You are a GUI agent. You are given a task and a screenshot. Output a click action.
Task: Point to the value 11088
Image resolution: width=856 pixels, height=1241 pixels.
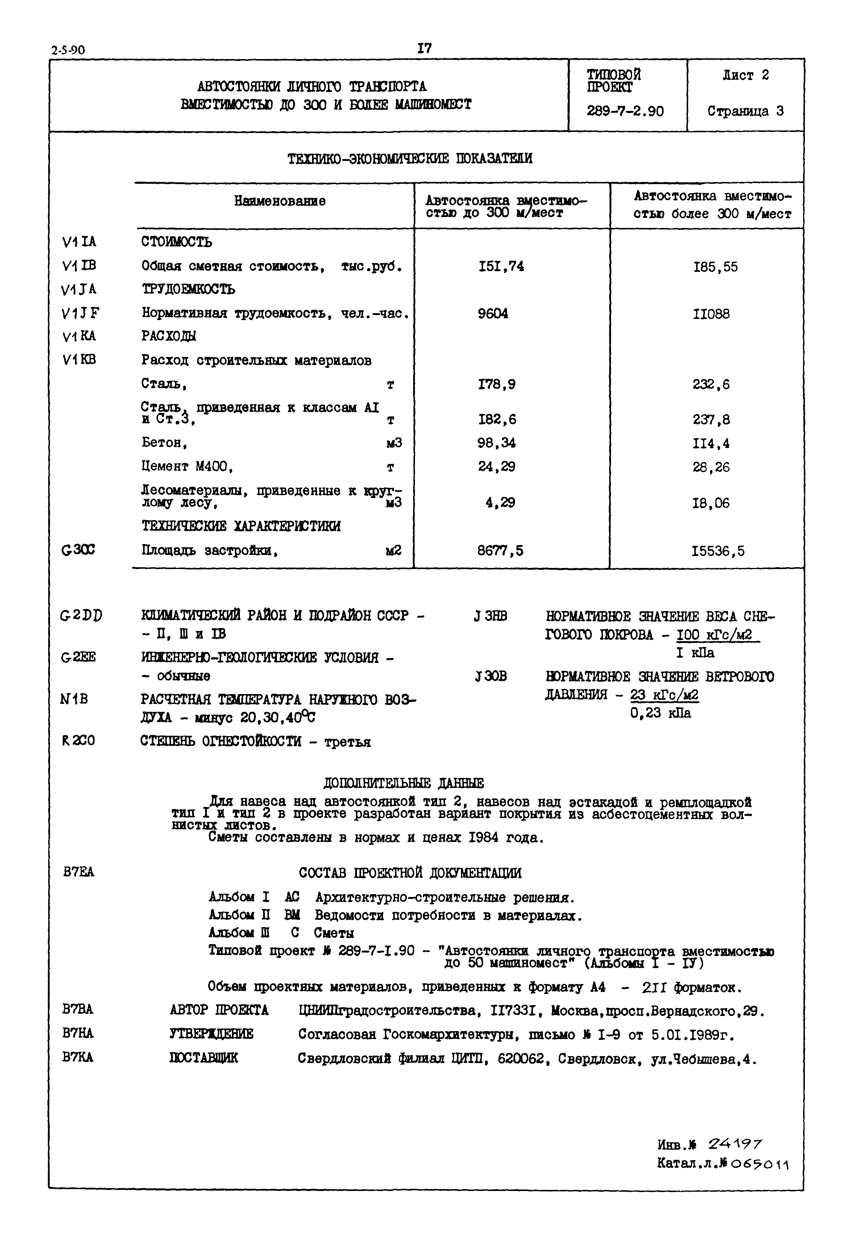tap(711, 314)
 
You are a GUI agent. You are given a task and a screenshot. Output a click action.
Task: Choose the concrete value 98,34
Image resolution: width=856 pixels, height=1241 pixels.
tap(496, 443)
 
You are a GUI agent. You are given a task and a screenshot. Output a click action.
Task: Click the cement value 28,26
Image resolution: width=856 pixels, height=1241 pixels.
tap(711, 467)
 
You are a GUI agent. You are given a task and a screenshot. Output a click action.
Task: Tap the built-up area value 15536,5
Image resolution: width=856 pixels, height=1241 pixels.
tap(718, 551)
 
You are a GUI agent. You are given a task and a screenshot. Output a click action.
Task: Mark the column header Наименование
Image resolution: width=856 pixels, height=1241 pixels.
tap(279, 201)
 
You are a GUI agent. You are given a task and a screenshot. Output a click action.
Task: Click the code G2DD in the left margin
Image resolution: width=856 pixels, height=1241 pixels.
tap(81, 616)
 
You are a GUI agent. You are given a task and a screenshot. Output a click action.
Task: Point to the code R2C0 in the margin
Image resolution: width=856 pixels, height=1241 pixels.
tap(78, 740)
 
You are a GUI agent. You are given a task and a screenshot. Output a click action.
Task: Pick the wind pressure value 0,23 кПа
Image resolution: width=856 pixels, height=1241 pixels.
tap(660, 713)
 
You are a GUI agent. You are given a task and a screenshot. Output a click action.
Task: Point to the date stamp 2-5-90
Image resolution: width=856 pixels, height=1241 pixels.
tap(68, 50)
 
